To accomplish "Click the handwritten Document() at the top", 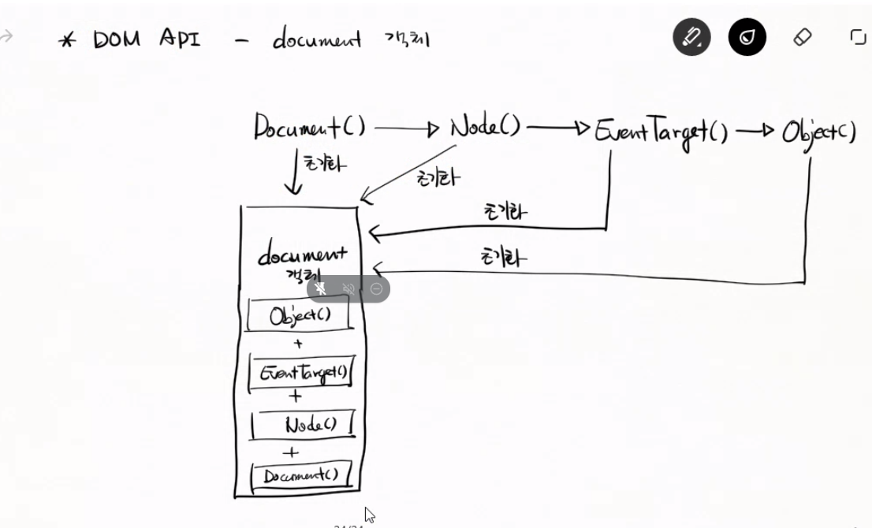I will click(x=309, y=127).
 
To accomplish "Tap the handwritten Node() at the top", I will click(x=485, y=126).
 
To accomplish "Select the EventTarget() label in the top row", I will click(x=661, y=130).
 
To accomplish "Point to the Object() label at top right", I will click(x=818, y=132).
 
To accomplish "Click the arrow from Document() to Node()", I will click(x=406, y=128).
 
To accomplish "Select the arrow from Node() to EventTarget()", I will click(x=558, y=128).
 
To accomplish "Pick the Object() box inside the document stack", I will click(x=300, y=316).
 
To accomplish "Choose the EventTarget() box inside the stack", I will click(x=301, y=372).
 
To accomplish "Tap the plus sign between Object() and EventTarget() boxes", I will click(x=297, y=344).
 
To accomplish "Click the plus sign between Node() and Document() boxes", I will click(x=291, y=452).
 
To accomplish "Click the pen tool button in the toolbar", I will click(x=691, y=37).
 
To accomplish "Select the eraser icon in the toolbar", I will click(x=802, y=37).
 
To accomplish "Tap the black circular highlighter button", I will click(x=747, y=37).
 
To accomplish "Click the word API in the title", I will click(x=178, y=39).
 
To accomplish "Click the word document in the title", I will click(x=317, y=39).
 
